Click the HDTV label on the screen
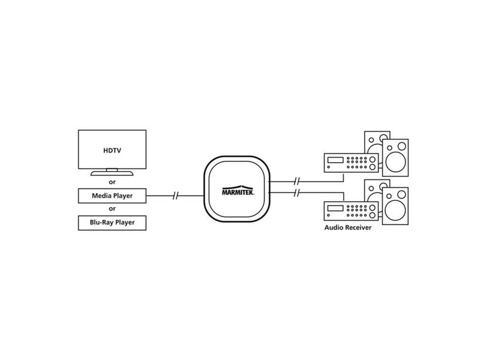(x=112, y=151)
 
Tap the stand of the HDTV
(x=112, y=173)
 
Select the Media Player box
(x=112, y=196)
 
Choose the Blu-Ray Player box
(x=112, y=223)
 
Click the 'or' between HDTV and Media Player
(x=112, y=182)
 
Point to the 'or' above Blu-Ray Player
(x=112, y=209)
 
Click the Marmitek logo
(x=238, y=190)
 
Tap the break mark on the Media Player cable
(x=175, y=196)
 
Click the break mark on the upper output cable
(x=296, y=181)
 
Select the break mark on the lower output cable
(x=296, y=193)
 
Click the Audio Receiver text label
(x=348, y=227)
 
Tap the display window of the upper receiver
(x=335, y=160)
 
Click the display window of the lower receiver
(x=335, y=208)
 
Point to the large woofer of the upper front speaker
(x=395, y=161)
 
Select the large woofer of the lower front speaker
(x=395, y=210)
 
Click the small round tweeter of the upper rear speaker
(x=371, y=140)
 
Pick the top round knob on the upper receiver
(x=373, y=160)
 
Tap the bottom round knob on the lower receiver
(x=373, y=215)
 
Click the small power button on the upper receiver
(x=329, y=167)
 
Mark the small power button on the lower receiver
(x=329, y=215)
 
